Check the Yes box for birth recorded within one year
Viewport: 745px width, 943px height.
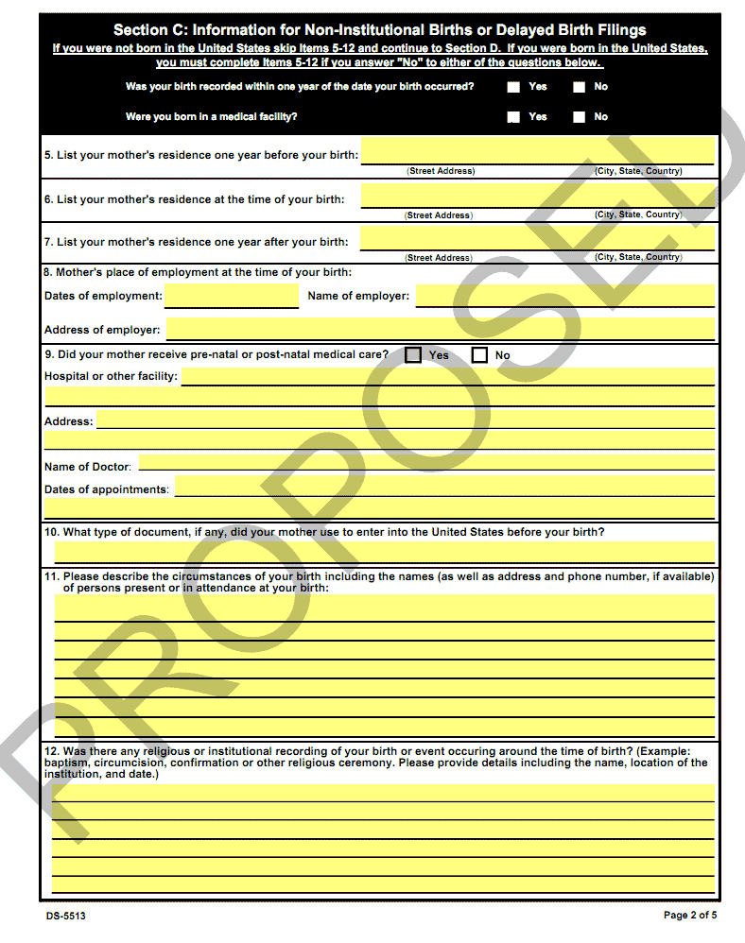[513, 87]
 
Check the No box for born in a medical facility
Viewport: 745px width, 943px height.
[579, 117]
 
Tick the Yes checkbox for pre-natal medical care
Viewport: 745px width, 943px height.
[413, 355]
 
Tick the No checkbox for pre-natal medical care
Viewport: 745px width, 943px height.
[479, 355]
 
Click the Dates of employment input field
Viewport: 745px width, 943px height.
[232, 297]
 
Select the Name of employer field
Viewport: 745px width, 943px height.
[564, 297]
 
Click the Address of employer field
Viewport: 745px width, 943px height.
[441, 330]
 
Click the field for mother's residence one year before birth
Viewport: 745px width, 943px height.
[537, 151]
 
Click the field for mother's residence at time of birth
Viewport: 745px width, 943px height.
[537, 196]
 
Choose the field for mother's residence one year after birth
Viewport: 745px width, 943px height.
[537, 238]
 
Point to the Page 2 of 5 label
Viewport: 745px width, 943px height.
[689, 915]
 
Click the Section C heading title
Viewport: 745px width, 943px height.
[379, 30]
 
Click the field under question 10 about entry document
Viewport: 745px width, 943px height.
[384, 552]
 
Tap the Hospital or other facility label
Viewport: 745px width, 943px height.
[111, 377]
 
